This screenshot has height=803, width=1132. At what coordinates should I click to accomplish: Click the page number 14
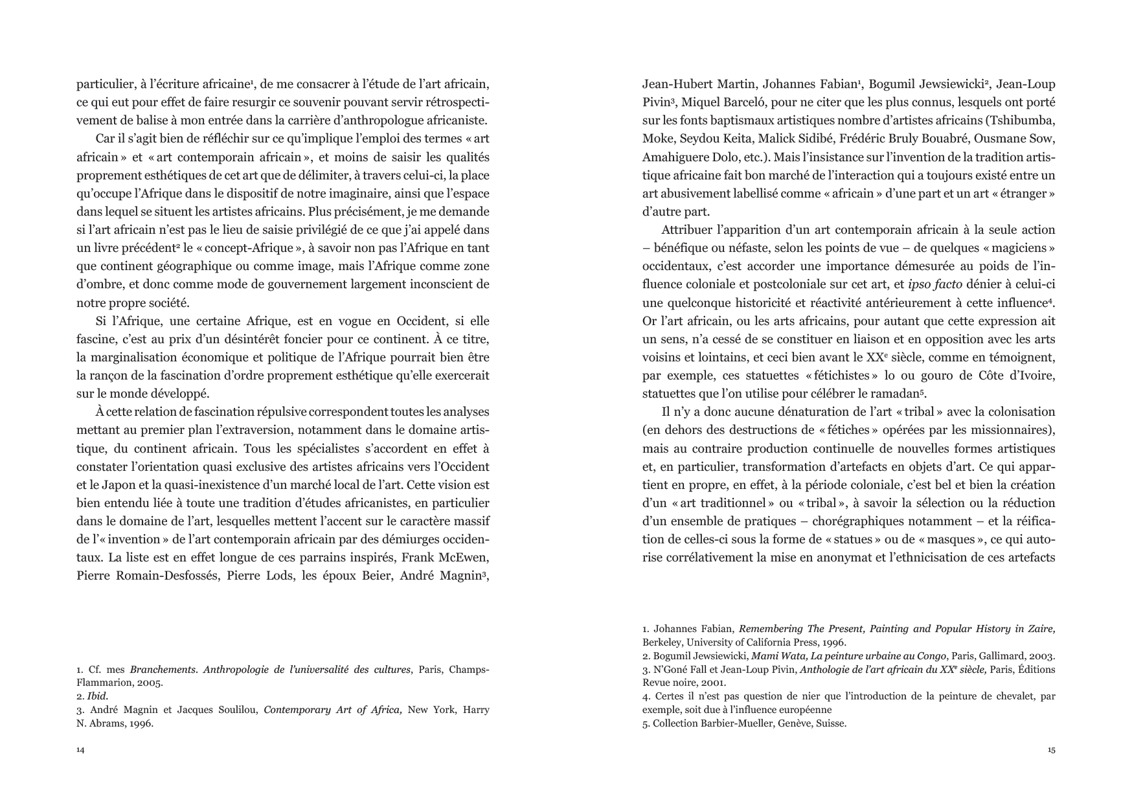pos(80,750)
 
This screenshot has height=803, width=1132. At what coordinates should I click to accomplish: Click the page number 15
pos(1051,750)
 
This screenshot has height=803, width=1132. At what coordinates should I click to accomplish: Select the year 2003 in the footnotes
pos(1043,655)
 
